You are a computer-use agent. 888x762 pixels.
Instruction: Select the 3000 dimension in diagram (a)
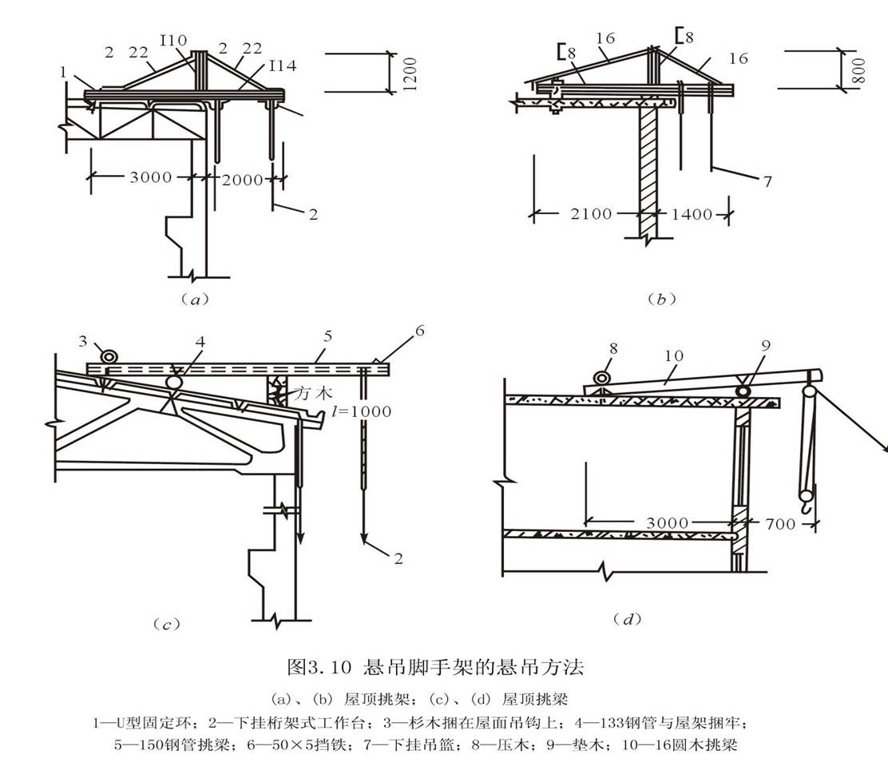(x=150, y=177)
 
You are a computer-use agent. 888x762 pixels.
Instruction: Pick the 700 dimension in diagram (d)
(x=779, y=524)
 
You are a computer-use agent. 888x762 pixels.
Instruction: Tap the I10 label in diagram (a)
(x=173, y=40)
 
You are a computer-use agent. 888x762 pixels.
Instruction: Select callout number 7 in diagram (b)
(x=767, y=181)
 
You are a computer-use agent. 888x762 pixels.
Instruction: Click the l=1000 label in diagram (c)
(x=362, y=411)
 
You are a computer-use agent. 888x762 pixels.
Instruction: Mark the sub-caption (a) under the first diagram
(x=194, y=300)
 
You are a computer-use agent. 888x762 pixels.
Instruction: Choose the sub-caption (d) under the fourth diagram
(x=627, y=618)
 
